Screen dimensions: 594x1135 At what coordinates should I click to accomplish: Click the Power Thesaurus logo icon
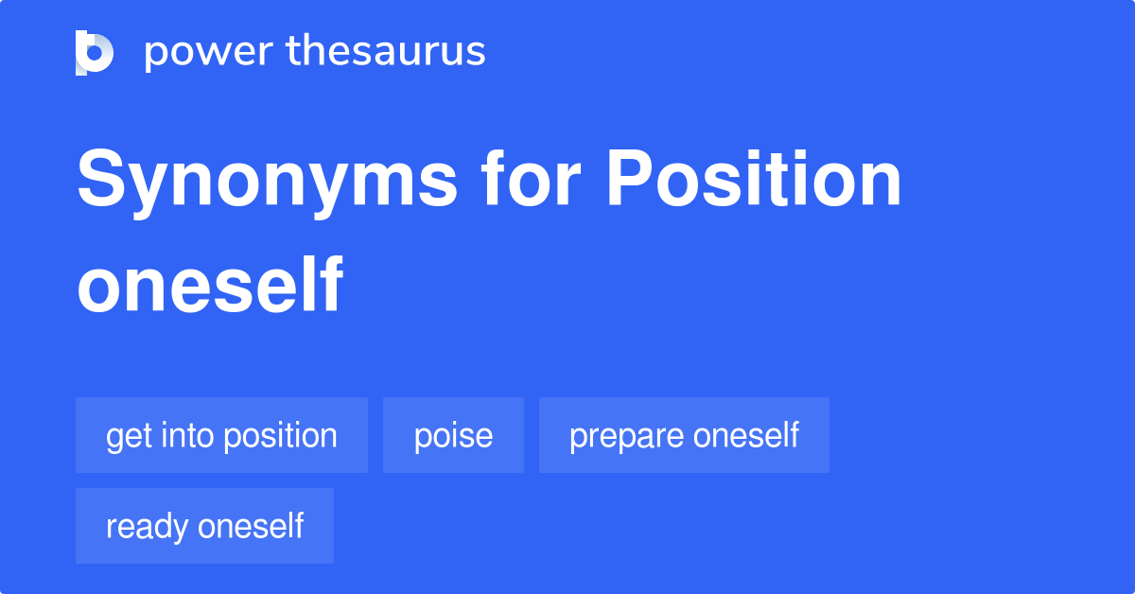(95, 53)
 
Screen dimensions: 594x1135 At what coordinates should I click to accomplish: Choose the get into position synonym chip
(221, 435)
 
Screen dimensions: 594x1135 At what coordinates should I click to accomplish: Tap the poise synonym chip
(453, 435)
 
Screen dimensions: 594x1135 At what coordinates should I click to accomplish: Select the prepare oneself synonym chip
(684, 435)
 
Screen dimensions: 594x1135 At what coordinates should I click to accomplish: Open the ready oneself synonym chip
(204, 526)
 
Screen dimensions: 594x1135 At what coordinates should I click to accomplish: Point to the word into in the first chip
(185, 435)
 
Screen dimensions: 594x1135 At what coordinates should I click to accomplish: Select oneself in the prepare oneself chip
(746, 435)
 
